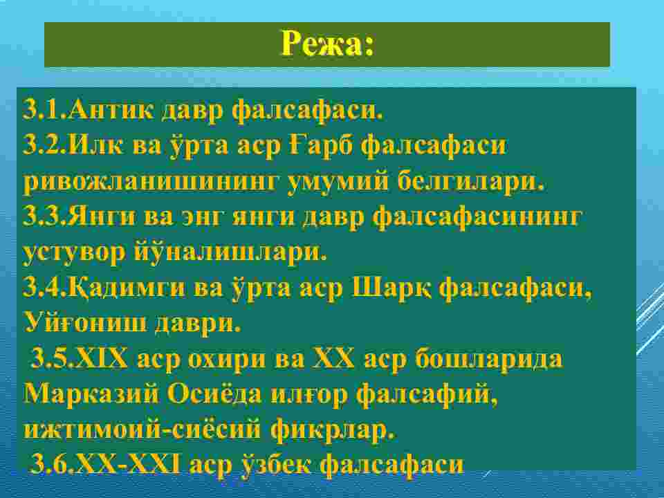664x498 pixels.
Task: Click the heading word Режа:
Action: click(x=328, y=43)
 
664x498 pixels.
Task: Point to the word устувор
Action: click(x=74, y=253)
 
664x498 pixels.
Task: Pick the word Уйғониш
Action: click(x=84, y=324)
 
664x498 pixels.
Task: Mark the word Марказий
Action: click(x=91, y=394)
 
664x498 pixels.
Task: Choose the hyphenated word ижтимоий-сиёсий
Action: click(x=142, y=430)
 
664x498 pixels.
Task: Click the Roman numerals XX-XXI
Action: click(x=129, y=465)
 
